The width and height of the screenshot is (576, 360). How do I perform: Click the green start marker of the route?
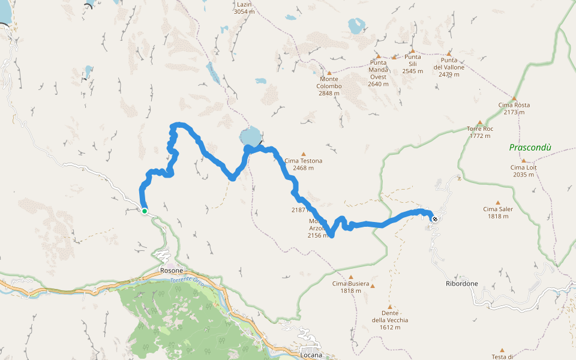click(145, 211)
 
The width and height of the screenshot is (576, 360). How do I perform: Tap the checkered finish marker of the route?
click(434, 219)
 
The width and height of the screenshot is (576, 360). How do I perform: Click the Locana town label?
click(311, 355)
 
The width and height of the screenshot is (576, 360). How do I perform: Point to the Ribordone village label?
click(462, 283)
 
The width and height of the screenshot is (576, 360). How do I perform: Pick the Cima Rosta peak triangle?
click(514, 98)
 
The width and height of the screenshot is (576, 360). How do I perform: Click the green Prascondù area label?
click(530, 147)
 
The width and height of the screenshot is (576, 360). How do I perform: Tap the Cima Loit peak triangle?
click(524, 161)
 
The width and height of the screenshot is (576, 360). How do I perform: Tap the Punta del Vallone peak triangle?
click(449, 53)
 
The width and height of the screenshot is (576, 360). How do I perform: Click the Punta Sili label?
click(413, 64)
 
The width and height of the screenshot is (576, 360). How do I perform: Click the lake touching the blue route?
click(250, 136)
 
